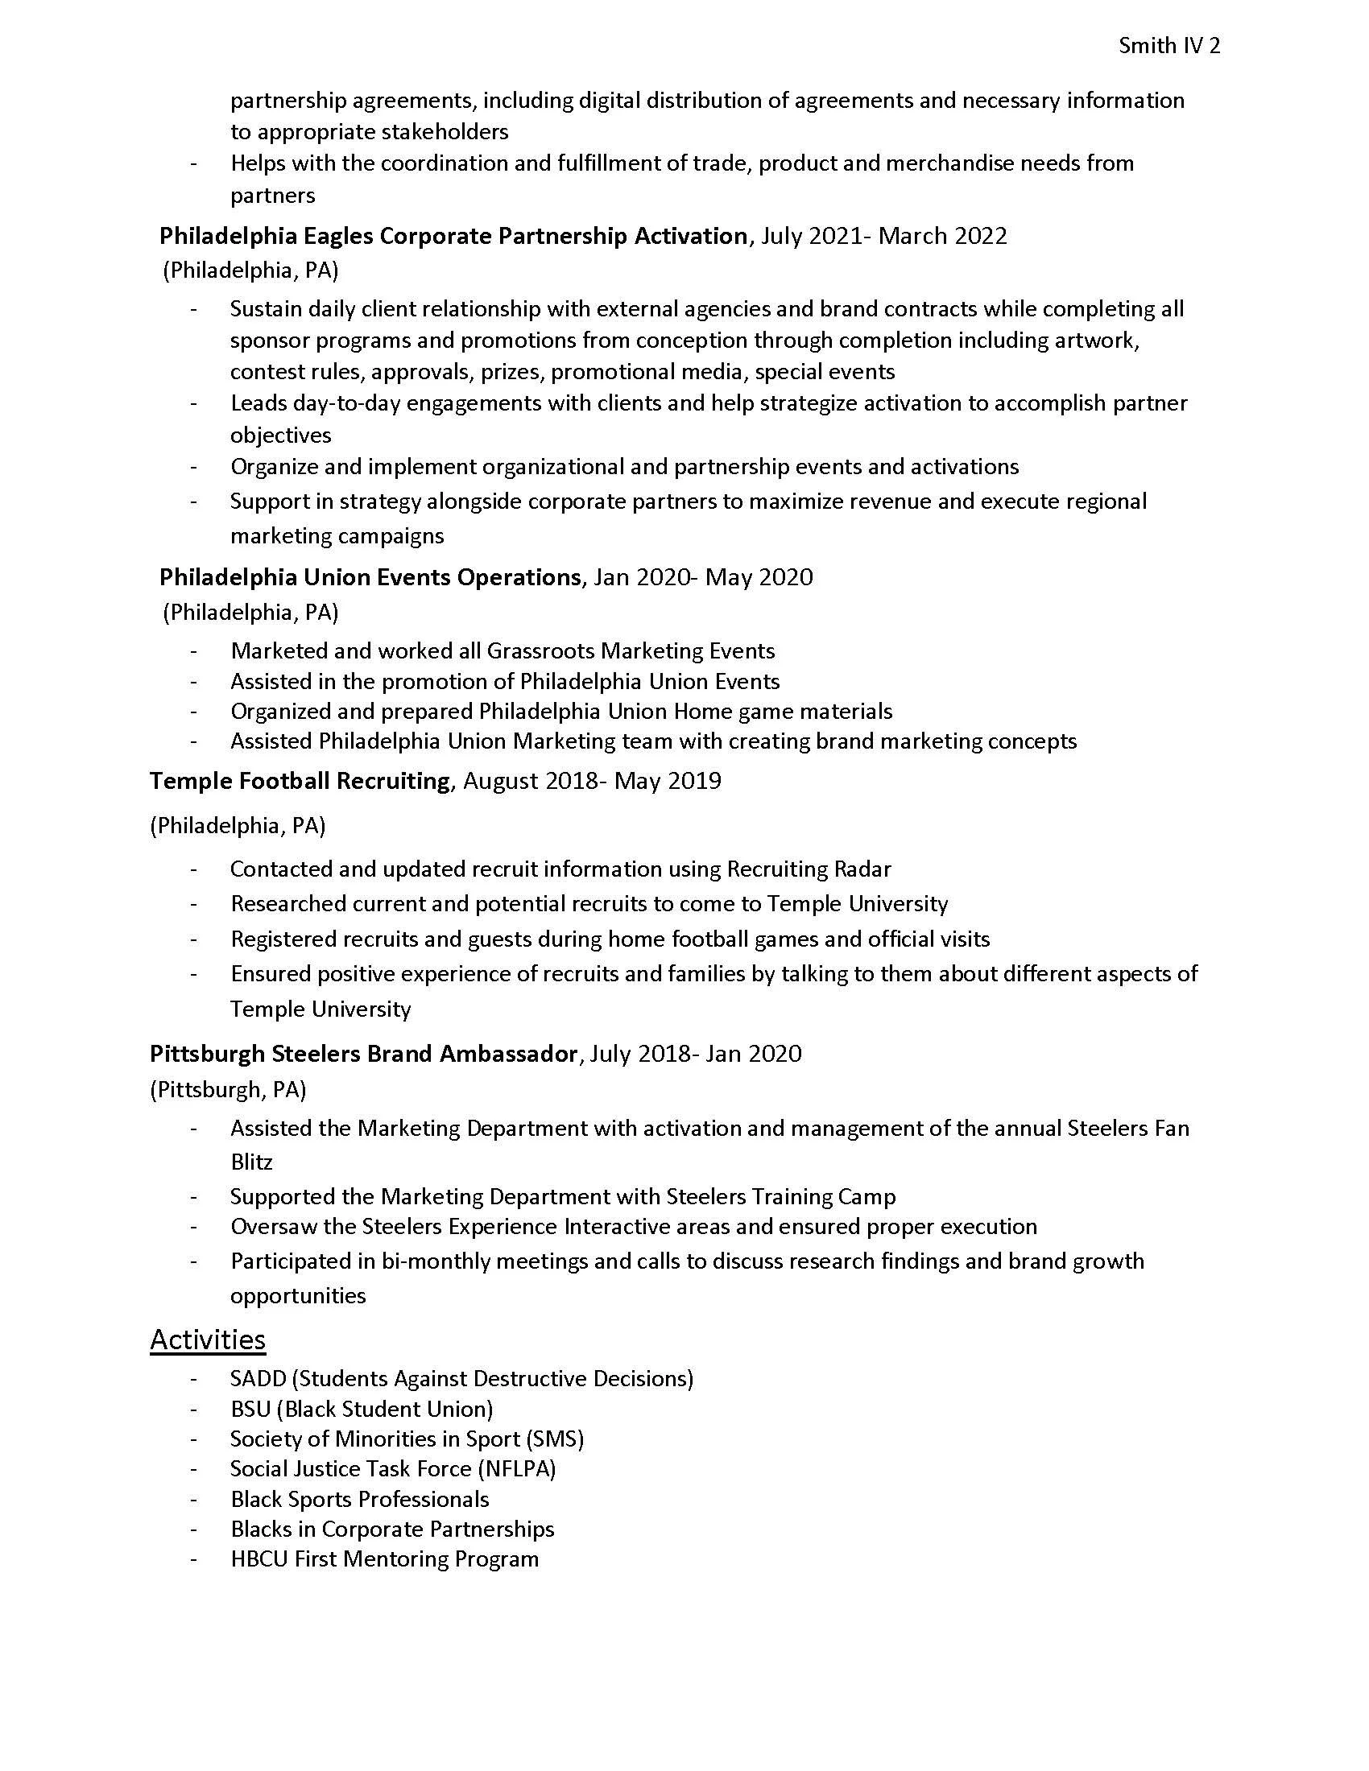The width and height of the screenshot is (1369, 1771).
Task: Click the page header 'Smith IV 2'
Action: (1168, 46)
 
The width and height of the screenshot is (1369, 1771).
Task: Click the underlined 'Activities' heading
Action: (208, 1339)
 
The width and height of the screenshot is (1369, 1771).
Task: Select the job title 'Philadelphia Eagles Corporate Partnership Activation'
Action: (453, 236)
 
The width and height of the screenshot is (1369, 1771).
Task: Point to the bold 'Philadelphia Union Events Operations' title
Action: (370, 577)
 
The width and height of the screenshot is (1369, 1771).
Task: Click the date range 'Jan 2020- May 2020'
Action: (702, 577)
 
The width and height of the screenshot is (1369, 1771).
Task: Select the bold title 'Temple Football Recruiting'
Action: (300, 781)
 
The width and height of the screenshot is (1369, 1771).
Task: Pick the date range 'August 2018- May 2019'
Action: (591, 781)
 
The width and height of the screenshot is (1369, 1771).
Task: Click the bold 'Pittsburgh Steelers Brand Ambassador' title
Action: (363, 1054)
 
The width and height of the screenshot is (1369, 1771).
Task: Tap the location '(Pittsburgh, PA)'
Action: (228, 1089)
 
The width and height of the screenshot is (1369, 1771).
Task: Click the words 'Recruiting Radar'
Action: (809, 869)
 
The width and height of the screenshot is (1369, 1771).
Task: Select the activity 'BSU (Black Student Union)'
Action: (362, 1410)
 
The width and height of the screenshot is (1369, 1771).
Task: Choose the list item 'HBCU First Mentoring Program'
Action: (384, 1558)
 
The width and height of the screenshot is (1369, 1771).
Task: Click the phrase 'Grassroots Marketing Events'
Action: (631, 651)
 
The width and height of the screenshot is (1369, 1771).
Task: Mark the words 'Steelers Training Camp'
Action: (780, 1197)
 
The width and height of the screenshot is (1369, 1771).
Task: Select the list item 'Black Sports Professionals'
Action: (359, 1499)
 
